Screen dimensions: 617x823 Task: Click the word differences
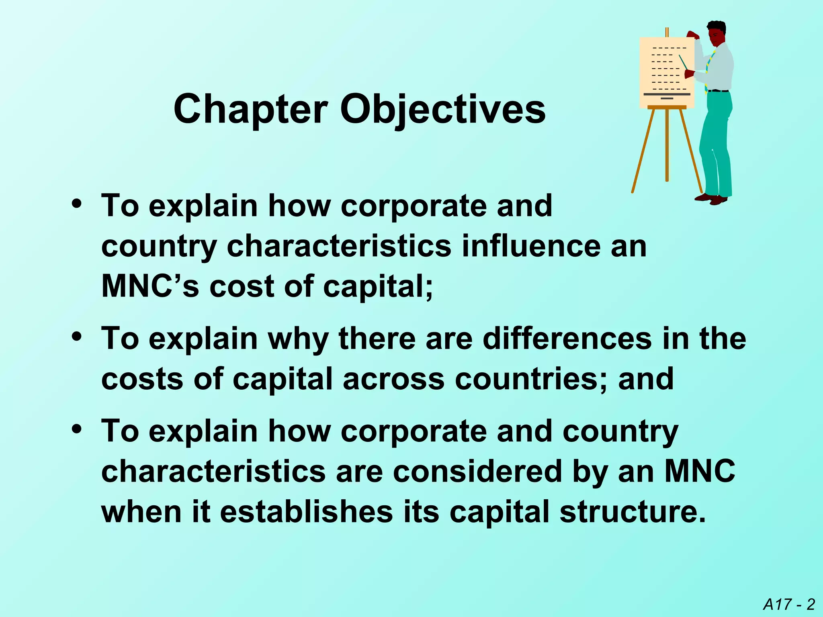coord(567,338)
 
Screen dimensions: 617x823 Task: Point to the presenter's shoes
coord(712,198)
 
